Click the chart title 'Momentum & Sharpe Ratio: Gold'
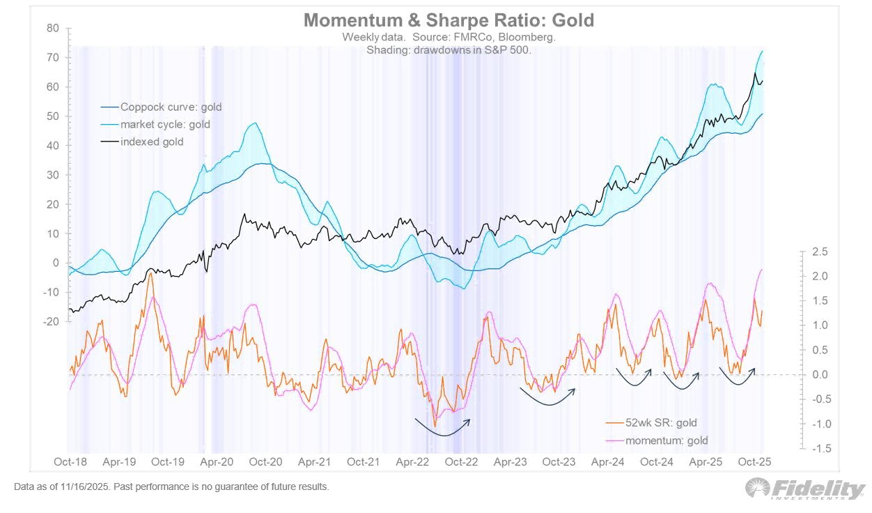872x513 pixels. pyautogui.click(x=449, y=20)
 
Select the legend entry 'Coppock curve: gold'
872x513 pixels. pyautogui.click(x=171, y=107)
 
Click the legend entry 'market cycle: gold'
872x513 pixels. pyautogui.click(x=165, y=125)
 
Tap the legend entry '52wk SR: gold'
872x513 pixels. pyautogui.click(x=661, y=422)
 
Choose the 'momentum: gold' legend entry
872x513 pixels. pyautogui.click(x=667, y=441)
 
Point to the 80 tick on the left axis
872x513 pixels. pyautogui.click(x=54, y=29)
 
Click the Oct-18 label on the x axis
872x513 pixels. pyautogui.click(x=70, y=462)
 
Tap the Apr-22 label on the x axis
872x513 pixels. pyautogui.click(x=412, y=462)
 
